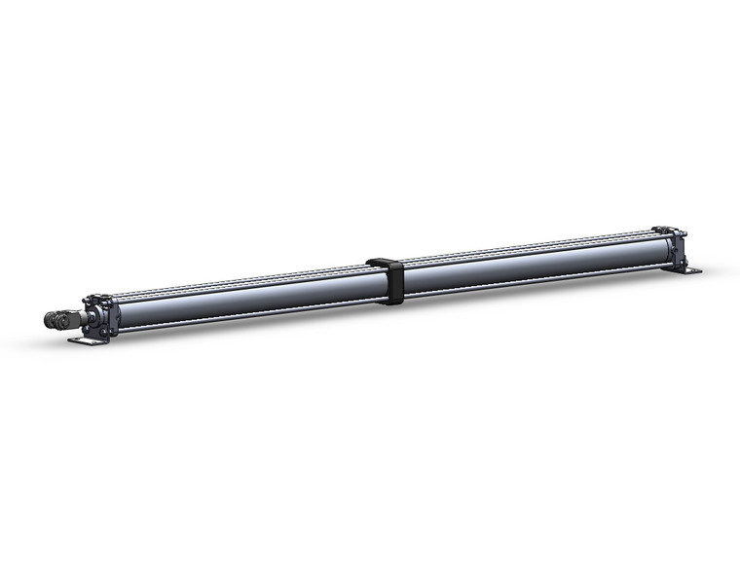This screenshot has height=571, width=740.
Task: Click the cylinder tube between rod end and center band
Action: point(243,297)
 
